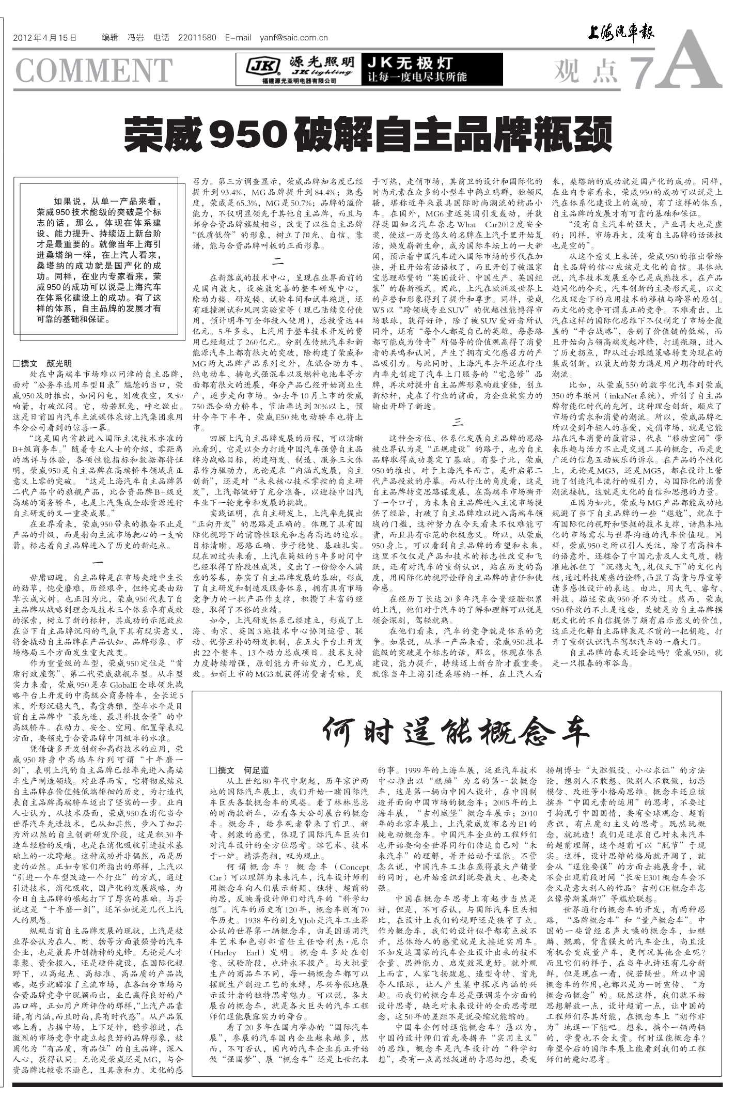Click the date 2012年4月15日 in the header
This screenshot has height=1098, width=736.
[44, 38]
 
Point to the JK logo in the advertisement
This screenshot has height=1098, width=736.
[256, 66]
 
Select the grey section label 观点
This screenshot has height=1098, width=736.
[586, 71]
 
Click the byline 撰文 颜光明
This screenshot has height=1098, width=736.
[46, 363]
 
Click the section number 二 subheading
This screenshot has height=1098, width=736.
[278, 261]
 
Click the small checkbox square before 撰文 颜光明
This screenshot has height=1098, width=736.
[17, 364]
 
